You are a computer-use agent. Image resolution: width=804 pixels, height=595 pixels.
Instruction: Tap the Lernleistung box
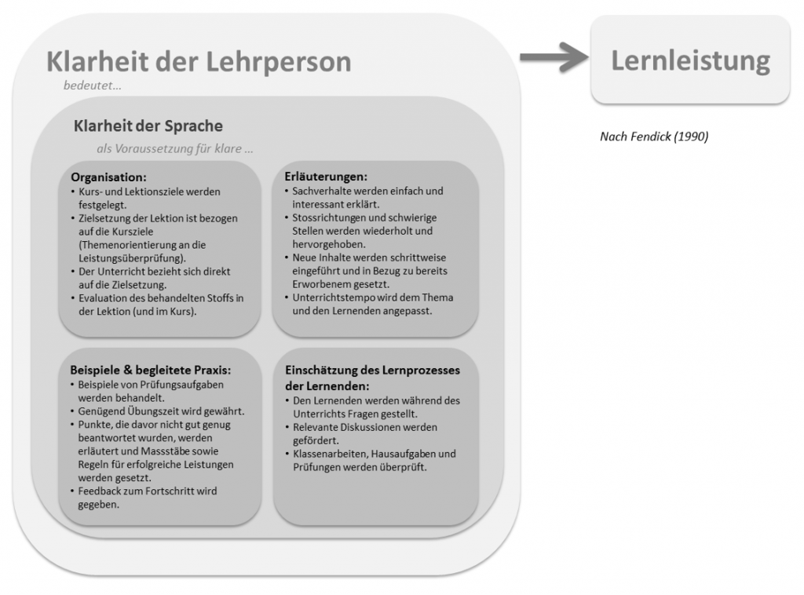pyautogui.click(x=690, y=60)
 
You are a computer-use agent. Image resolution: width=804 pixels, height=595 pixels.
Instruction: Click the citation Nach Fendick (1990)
pyautogui.click(x=653, y=137)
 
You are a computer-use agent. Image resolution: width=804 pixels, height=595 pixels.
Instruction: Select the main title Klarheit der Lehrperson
pyautogui.click(x=199, y=61)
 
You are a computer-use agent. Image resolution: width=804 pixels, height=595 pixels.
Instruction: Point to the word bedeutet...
pyautogui.click(x=92, y=86)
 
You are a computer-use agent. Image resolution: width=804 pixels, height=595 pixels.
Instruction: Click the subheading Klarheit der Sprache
pyautogui.click(x=148, y=126)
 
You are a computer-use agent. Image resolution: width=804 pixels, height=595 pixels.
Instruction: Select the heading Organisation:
pyautogui.click(x=108, y=177)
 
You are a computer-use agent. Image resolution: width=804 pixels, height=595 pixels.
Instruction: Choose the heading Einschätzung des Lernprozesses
pyautogui.click(x=371, y=371)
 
